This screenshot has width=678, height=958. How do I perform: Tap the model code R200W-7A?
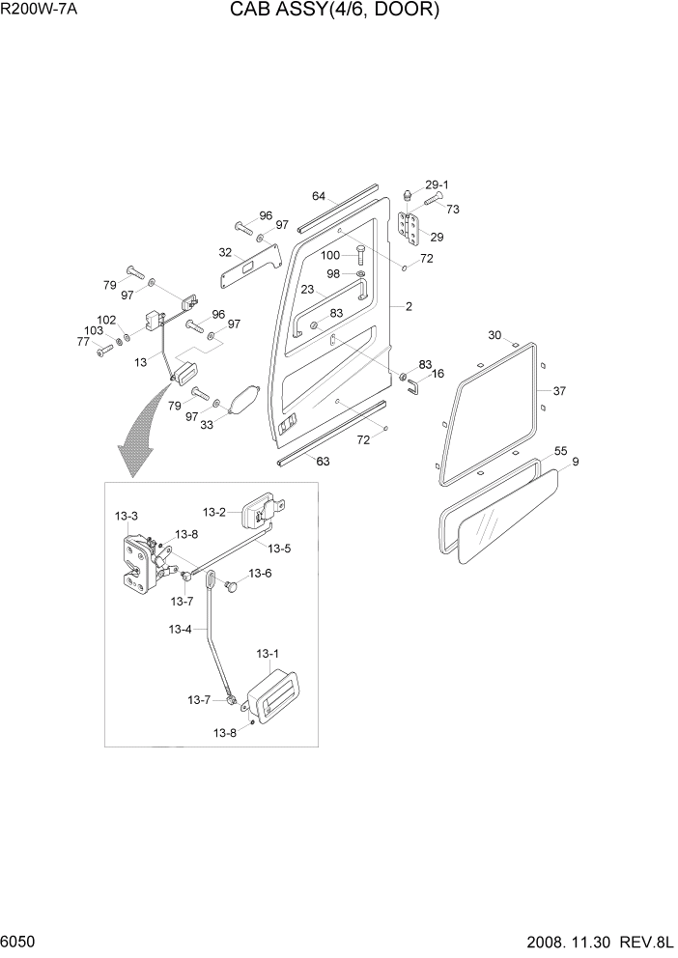pos(40,10)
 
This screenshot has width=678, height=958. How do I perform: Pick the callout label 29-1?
pos(437,184)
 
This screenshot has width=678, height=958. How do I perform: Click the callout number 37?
pos(559,391)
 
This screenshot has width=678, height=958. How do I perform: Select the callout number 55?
pos(560,451)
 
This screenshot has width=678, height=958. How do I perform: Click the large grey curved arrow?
pos(140,435)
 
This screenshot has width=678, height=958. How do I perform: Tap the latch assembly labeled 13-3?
pos(136,562)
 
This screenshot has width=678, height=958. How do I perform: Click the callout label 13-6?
pos(260,573)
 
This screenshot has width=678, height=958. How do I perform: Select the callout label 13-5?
pos(279,549)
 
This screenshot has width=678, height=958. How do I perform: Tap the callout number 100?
pos(330,255)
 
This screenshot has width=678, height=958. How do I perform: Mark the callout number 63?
pos(323,462)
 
